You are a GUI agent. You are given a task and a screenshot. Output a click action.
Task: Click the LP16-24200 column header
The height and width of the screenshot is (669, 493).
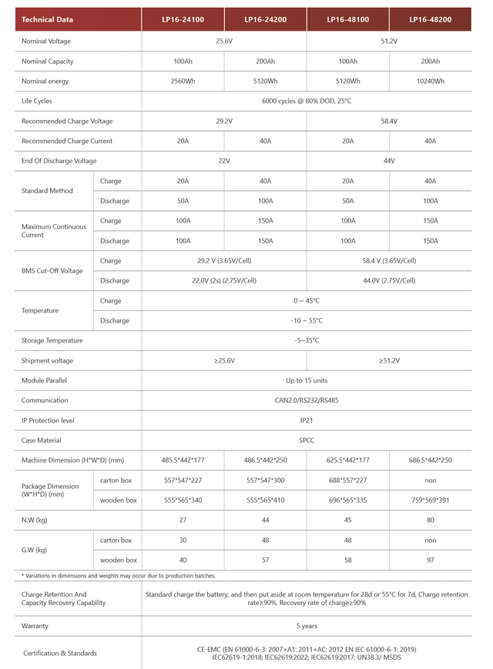click(x=265, y=19)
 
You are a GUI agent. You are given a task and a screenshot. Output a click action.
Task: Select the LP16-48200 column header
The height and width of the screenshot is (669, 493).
click(x=430, y=19)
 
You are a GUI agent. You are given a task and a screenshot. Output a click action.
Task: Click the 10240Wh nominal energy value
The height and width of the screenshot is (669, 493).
click(x=430, y=81)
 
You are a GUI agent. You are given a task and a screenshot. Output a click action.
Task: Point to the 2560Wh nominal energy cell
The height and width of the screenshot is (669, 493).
click(x=183, y=81)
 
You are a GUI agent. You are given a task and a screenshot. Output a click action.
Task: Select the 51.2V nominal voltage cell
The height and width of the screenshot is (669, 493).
click(x=389, y=41)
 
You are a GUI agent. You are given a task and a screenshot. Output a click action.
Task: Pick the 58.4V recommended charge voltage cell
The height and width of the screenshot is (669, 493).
click(x=389, y=121)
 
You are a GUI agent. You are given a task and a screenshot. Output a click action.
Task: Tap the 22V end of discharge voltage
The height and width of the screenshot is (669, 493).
click(x=224, y=161)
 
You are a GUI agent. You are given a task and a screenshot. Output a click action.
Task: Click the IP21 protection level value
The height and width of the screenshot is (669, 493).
click(x=307, y=420)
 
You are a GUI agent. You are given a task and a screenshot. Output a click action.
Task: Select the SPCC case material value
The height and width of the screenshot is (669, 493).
click(x=307, y=440)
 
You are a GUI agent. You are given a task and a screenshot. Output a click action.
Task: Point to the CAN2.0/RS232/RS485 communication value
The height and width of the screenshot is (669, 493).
click(x=307, y=400)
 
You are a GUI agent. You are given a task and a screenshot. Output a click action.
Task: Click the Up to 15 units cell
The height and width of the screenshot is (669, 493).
click(x=307, y=380)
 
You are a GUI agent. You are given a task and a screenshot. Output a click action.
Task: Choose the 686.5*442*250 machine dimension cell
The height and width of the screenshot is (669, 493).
click(x=430, y=460)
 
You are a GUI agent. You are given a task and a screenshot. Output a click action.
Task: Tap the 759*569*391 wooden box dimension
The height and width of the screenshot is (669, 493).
click(x=430, y=500)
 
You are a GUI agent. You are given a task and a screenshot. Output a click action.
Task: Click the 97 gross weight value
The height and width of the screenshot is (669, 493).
click(x=430, y=560)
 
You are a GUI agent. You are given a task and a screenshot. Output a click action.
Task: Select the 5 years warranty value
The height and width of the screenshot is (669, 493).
click(x=307, y=626)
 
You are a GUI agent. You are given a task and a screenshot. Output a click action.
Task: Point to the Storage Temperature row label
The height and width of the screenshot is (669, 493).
click(x=52, y=340)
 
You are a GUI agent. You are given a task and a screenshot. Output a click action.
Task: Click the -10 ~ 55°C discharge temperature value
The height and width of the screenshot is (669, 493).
click(x=307, y=320)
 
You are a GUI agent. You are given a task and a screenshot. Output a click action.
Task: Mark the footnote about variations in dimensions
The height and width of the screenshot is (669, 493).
click(x=119, y=576)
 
